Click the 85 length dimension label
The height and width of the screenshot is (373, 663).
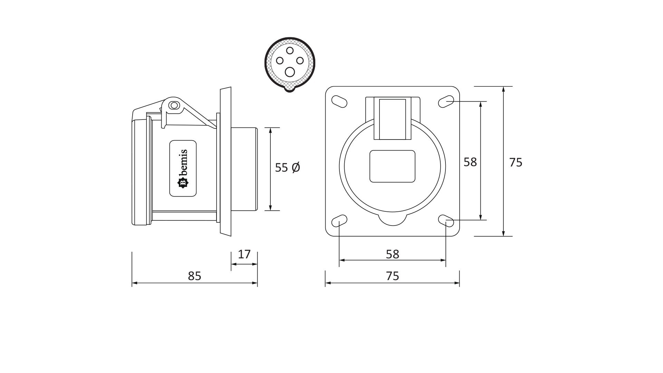pos(194,276)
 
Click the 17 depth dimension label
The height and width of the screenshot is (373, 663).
pos(244,254)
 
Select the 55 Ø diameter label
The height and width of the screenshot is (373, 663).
pos(287,168)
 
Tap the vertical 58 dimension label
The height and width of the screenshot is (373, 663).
pos(470,162)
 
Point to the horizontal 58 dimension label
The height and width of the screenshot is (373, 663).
pos(393,254)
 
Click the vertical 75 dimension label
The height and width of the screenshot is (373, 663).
pos(516,162)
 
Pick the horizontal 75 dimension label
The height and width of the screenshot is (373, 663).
pos(393,276)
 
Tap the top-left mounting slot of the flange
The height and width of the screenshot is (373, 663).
pos(339,102)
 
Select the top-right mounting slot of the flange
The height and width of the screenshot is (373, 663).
pos(446,101)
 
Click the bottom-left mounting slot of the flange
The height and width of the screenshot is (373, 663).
pos(339,220)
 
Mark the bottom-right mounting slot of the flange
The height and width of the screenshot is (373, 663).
pos(446,220)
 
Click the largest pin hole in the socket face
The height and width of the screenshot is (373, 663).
pos(290,72)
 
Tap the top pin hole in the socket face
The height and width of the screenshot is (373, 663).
pos(290,51)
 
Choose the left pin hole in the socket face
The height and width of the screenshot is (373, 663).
pos(280,61)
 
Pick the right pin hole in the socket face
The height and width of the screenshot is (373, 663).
pos(300,61)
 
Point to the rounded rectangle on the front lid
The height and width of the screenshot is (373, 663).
pos(392,166)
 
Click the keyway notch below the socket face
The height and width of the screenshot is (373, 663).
pos(290,89)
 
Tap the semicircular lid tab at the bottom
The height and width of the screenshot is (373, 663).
pos(393,220)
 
